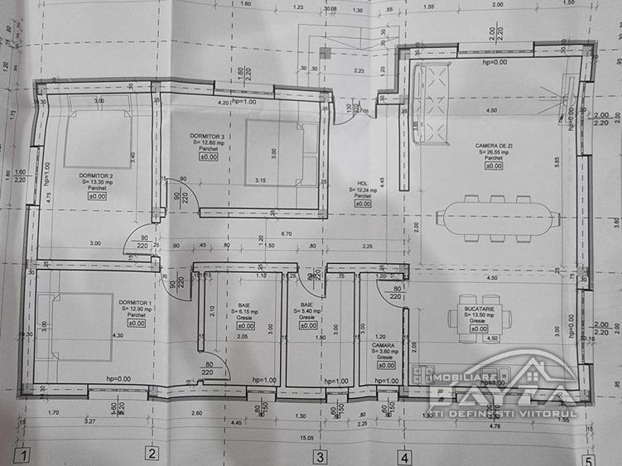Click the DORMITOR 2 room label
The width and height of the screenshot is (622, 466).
tap(97, 176)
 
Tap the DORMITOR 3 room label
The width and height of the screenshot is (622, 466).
tap(207, 136)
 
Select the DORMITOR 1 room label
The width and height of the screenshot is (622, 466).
tap(135, 303)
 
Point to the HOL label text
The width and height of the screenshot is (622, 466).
tap(362, 184)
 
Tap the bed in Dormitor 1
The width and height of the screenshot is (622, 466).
tap(76, 325)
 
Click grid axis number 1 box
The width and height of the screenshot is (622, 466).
tap(26, 454)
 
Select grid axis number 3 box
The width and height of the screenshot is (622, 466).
tap(318, 454)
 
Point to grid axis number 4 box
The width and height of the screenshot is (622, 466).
tap(403, 455)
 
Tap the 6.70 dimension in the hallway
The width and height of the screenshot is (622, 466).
tap(286, 234)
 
